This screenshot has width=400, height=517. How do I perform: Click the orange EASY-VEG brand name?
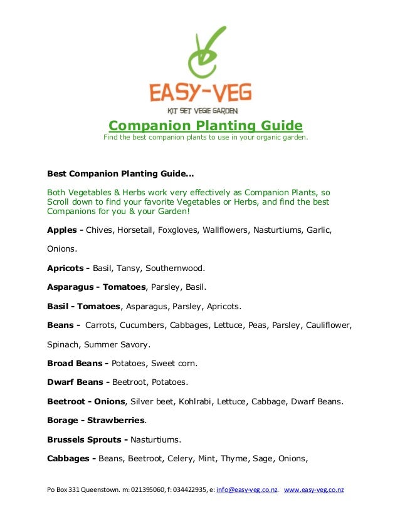click(x=201, y=93)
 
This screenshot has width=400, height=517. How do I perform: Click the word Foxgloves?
click(x=180, y=230)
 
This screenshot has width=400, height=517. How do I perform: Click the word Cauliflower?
click(x=328, y=325)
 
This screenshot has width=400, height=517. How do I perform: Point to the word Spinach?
click(x=63, y=344)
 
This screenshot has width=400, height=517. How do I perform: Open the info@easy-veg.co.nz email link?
click(x=246, y=489)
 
